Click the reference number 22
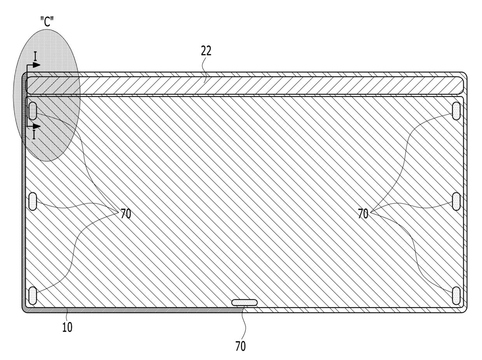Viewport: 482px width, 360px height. (206, 51)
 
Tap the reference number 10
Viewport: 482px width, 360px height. (67, 327)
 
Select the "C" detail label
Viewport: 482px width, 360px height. (47, 22)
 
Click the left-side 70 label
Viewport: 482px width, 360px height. (126, 214)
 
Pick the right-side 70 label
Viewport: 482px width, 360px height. (363, 214)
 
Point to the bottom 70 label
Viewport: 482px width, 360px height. (240, 346)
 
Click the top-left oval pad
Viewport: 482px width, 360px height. (33, 111)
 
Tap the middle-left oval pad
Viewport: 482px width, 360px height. (33, 202)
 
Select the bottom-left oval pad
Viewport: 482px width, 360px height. (33, 296)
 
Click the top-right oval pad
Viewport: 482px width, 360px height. (456, 111)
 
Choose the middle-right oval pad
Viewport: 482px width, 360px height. (456, 202)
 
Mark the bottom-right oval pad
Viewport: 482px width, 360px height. (456, 296)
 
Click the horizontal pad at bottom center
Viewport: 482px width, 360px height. (244, 303)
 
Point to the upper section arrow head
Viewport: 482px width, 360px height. (37, 65)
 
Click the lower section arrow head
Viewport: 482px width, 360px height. (37, 126)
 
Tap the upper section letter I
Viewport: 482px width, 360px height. (35, 56)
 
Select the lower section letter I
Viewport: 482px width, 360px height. (34, 135)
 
